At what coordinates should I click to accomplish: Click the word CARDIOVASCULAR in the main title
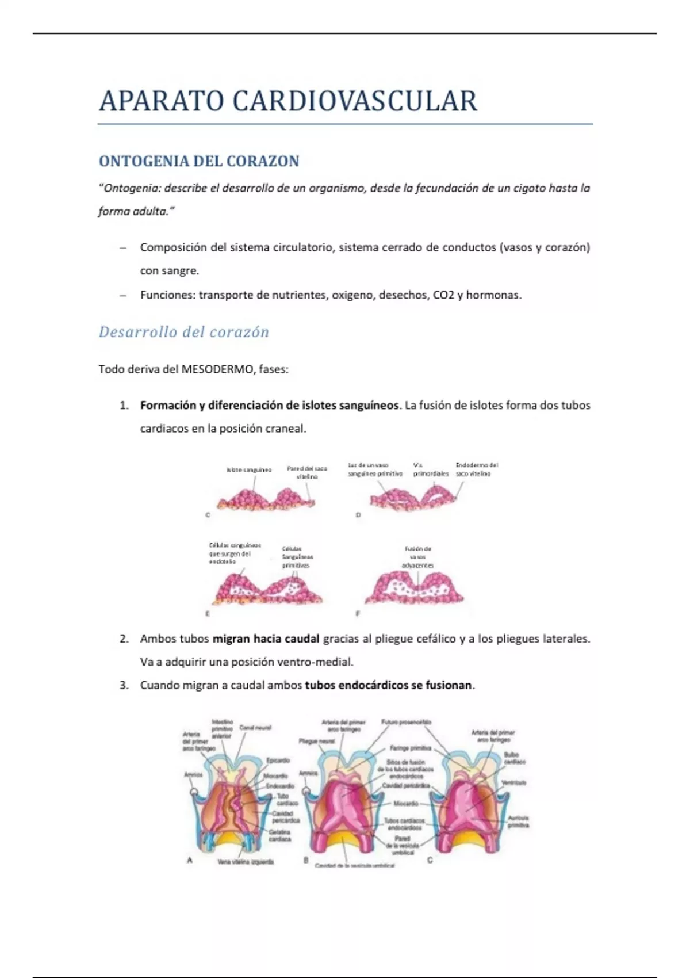pos(354,101)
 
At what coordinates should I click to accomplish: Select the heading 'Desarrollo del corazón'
pos(184,332)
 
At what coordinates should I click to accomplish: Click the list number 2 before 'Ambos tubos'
pos(124,639)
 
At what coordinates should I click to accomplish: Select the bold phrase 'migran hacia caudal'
pos(266,639)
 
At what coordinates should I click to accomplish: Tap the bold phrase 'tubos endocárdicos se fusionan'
pos(388,685)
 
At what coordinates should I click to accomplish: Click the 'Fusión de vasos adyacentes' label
pos(418,557)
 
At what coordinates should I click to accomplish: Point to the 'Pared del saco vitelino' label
pos(307,472)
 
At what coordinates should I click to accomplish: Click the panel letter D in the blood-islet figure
pos(358,515)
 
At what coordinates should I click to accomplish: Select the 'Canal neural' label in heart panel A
pos(255,728)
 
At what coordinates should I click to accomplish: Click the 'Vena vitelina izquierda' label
pos(246,862)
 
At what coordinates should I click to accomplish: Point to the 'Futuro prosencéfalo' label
pos(406,722)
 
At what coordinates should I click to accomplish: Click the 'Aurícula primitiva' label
pos(518,821)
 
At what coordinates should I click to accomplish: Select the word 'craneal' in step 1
pos(286,429)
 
